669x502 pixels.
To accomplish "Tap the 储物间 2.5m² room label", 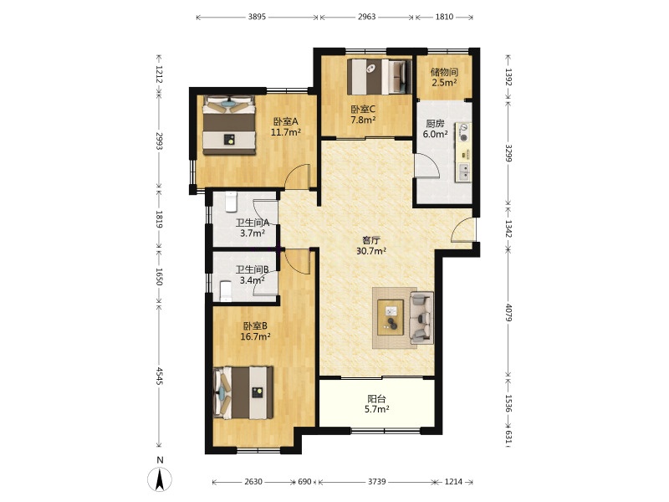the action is tap(444, 77).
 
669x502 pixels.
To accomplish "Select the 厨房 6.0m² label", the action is tap(435, 129).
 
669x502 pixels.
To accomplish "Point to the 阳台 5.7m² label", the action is tap(377, 404).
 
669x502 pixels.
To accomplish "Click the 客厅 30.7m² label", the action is tap(371, 245).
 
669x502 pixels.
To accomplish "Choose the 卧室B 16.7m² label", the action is tap(256, 331).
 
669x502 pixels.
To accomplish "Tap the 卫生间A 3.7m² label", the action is tap(253, 228).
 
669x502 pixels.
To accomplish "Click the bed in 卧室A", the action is tap(229, 125).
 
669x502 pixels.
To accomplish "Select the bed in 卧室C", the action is tap(380, 77).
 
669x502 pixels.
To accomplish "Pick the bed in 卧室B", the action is tap(243, 392).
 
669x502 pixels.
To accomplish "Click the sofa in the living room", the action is tap(421, 318).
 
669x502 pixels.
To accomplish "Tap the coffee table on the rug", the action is tap(391, 318).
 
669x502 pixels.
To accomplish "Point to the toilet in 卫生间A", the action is tap(231, 202).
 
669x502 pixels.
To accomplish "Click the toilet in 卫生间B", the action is tap(226, 290).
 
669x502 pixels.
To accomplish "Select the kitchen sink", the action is tap(463, 172).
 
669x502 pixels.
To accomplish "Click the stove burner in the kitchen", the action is tap(464, 132).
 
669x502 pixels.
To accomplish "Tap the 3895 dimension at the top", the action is tap(257, 17).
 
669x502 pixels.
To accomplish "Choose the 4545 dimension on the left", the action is tap(159, 376).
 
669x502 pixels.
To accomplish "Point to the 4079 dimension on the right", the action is tap(508, 312).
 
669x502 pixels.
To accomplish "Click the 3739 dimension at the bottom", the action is tap(377, 482).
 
